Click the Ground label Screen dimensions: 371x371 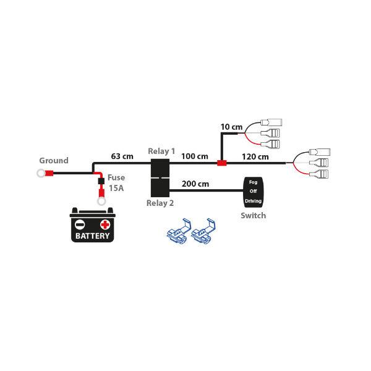coord(54,161)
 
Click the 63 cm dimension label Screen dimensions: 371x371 coord(122,156)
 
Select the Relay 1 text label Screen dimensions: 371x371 coord(161,151)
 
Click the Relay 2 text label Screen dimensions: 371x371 coord(160,203)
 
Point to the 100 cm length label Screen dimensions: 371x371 coord(195,156)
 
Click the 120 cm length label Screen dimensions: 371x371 coord(255,156)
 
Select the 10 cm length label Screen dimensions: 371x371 coord(231,127)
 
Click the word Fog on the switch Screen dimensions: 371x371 coord(254,183)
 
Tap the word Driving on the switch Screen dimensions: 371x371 coord(254,202)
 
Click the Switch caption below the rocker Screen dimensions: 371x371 coord(253,216)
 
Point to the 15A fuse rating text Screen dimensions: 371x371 coord(116,188)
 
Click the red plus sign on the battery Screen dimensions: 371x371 coord(105,224)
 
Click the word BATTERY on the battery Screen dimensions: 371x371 coord(93,236)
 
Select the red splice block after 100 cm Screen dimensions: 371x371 coord(221,164)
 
